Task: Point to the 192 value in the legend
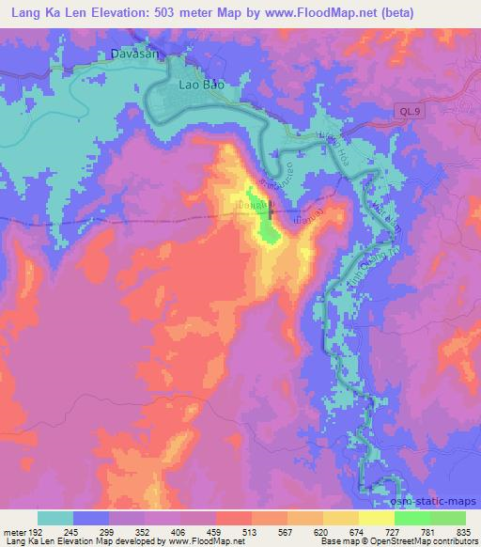36,531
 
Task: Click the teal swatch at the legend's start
55,518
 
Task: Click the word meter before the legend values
14,531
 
